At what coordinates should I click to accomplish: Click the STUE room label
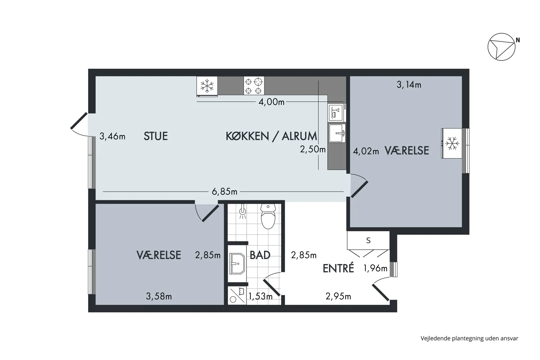(x=156, y=136)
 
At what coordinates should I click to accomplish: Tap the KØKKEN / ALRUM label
(x=271, y=136)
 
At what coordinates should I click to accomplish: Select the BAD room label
(x=260, y=255)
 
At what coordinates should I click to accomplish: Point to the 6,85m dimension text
(x=224, y=192)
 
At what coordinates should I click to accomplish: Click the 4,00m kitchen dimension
(x=271, y=102)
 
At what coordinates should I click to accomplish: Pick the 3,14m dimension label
(x=409, y=85)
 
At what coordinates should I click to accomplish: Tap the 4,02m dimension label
(x=366, y=151)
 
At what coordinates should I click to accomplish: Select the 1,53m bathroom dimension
(x=260, y=296)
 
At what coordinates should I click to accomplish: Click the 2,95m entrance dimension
(x=338, y=296)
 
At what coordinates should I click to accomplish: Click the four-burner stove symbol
(x=254, y=86)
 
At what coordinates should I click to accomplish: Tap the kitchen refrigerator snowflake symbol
(x=207, y=86)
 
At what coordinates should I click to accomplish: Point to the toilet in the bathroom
(x=268, y=217)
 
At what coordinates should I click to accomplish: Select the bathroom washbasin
(x=237, y=264)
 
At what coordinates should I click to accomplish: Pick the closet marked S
(x=368, y=240)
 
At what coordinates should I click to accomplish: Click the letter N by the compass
(x=518, y=40)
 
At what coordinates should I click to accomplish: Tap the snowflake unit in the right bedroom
(x=452, y=143)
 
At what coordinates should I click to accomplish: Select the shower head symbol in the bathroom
(x=243, y=212)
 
